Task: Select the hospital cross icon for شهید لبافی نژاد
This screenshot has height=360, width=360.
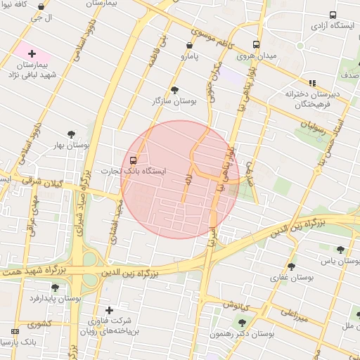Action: coord(32,53)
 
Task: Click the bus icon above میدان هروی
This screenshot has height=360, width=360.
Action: coord(256,43)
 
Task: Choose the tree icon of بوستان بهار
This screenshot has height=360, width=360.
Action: coord(71,134)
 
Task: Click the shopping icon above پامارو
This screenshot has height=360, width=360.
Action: coord(189,45)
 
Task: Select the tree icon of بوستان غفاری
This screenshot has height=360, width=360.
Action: coord(292,266)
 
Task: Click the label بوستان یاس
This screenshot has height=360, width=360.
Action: coord(339,261)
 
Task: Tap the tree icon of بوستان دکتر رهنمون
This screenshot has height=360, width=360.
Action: coord(243,323)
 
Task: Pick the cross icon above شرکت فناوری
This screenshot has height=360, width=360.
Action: coord(108,310)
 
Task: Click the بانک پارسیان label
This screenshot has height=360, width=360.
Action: coord(18,342)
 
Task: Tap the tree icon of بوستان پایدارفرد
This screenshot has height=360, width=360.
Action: coord(55,288)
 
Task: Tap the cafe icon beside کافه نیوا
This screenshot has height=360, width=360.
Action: coord(41,6)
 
